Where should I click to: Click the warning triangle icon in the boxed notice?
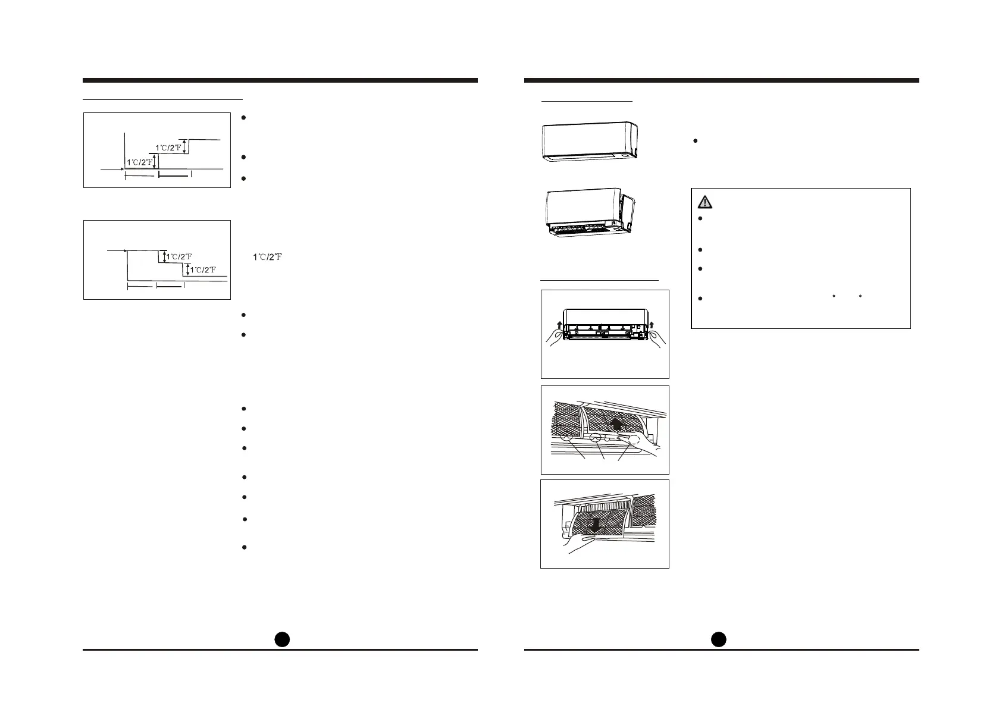pos(704,202)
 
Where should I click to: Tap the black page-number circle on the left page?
pos(282,639)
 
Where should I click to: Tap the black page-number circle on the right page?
pos(719,639)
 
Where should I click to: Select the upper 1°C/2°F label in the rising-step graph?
pos(168,147)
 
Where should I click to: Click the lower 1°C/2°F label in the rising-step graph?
pos(139,162)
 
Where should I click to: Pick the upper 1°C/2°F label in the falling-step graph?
pos(179,257)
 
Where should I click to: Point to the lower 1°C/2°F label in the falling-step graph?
pos(203,270)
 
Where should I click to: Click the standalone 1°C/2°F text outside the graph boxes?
pos(267,257)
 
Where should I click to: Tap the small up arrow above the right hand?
pos(652,325)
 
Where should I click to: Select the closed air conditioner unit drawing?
pos(590,141)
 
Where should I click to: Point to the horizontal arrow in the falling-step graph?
pos(116,252)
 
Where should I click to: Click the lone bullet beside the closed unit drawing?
pos(695,141)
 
